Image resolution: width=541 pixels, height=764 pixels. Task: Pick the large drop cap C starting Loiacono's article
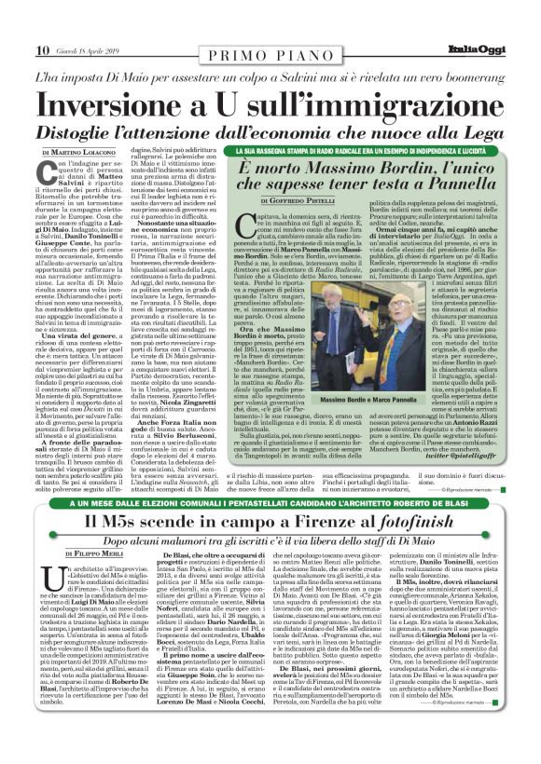coord(50,173)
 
